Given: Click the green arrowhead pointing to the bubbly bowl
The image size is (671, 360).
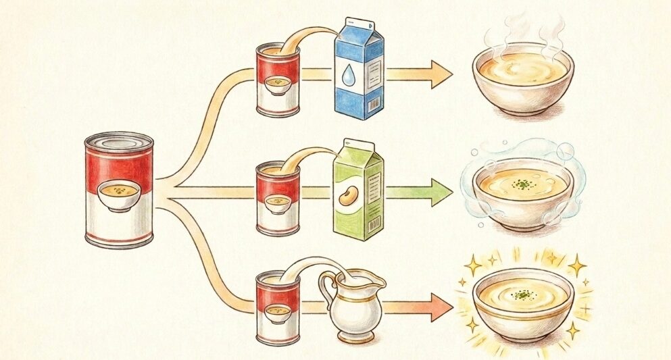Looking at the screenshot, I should click(440, 193).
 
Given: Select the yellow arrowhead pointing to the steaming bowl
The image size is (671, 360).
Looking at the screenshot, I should click(441, 74).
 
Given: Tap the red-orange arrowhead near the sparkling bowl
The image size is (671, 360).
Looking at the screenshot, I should click(440, 309).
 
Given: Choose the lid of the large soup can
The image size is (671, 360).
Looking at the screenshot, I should click(119, 143).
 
